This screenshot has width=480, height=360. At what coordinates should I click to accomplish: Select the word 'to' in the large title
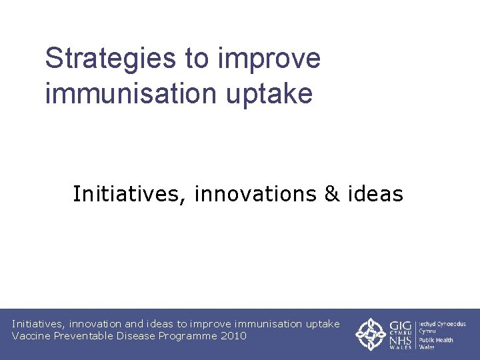(197, 59)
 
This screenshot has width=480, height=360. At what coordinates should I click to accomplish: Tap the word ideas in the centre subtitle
(375, 194)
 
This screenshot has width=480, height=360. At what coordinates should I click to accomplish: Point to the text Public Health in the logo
(436, 340)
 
